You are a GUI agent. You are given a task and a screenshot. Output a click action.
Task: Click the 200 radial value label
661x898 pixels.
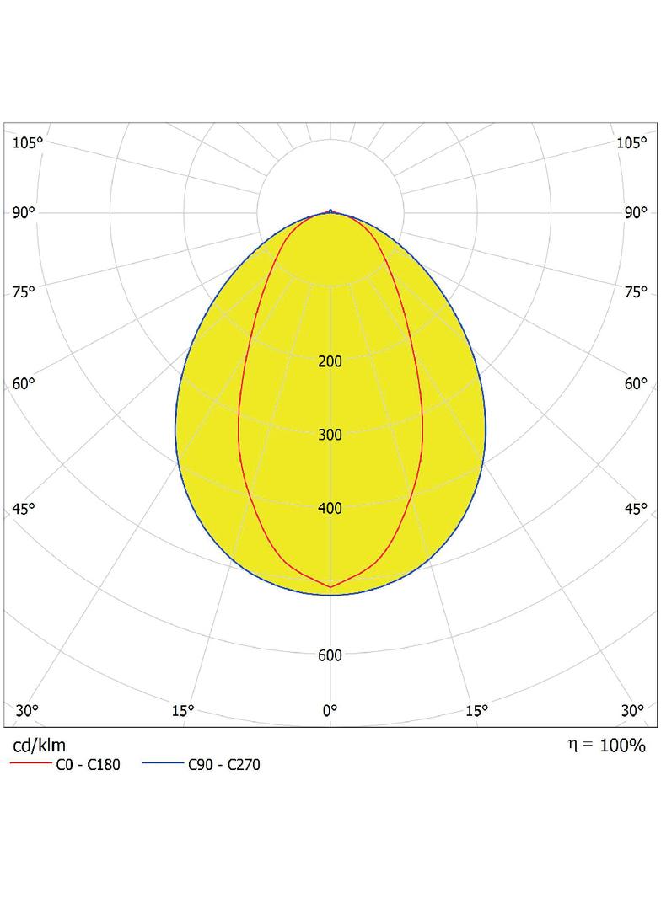[x=330, y=361]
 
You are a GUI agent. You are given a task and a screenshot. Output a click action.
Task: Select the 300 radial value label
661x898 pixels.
[x=330, y=435]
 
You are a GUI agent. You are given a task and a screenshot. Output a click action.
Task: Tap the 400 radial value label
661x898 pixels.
[x=330, y=508]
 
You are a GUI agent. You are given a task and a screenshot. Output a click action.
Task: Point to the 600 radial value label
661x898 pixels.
[x=330, y=655]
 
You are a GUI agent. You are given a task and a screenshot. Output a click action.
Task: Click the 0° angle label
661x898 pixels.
[x=330, y=711]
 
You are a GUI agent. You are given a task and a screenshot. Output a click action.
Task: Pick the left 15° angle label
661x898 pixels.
[x=183, y=711]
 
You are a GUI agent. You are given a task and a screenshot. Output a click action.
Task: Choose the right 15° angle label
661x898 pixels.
[x=476, y=711]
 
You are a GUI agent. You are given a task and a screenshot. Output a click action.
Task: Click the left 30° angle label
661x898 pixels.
[x=27, y=711]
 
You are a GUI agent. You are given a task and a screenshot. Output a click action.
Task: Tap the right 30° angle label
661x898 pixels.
[x=632, y=711]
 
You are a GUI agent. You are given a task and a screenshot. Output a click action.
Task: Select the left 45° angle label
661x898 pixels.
[x=24, y=509]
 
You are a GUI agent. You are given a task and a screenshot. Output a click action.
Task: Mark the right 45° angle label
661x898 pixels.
[x=636, y=509]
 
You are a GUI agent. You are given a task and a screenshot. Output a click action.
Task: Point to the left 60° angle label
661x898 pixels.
[x=24, y=383]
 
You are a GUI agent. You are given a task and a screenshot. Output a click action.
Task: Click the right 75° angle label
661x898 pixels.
[x=636, y=292]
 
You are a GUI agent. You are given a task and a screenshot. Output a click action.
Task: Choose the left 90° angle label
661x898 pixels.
[x=24, y=213]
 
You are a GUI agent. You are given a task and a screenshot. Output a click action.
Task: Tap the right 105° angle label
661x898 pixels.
[x=631, y=142]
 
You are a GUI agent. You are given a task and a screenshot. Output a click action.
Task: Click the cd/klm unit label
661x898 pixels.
[x=39, y=745]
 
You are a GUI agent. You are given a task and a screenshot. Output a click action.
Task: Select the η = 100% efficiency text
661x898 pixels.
[x=606, y=745]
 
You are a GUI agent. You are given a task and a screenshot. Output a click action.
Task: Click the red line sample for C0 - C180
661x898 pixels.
[x=31, y=763]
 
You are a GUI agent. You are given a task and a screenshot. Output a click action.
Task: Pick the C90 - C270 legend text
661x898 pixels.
[x=224, y=765]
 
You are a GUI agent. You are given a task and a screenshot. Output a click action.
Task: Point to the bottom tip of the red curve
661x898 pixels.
[x=330, y=587]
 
